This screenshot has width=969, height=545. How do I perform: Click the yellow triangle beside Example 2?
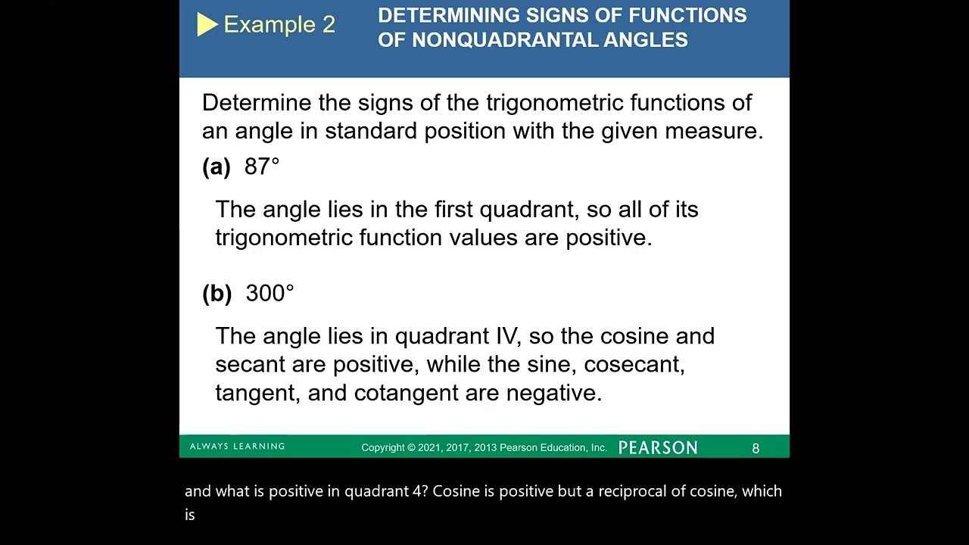point(207,25)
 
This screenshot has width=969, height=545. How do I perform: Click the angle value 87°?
point(262,167)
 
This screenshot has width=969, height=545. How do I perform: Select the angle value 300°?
point(270,293)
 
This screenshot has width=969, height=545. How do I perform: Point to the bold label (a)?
point(217,167)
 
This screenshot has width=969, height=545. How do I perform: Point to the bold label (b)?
point(217,294)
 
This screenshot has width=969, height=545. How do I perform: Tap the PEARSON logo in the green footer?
point(657,447)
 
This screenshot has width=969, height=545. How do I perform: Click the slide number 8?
point(756,448)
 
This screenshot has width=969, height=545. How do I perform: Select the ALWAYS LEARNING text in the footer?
point(237,447)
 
